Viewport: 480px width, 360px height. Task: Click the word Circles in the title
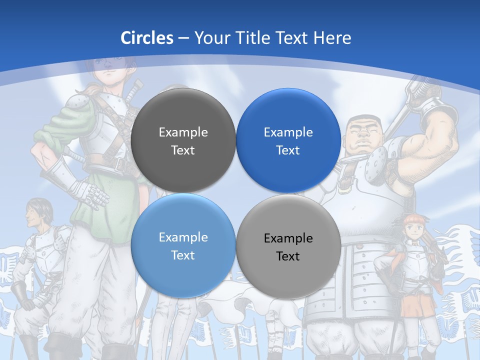pos(146,38)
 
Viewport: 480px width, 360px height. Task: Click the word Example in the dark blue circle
pos(288,132)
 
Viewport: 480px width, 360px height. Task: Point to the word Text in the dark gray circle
pos(183,150)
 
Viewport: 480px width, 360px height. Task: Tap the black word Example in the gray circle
pos(288,238)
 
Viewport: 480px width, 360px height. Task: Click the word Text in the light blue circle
pos(183,255)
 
